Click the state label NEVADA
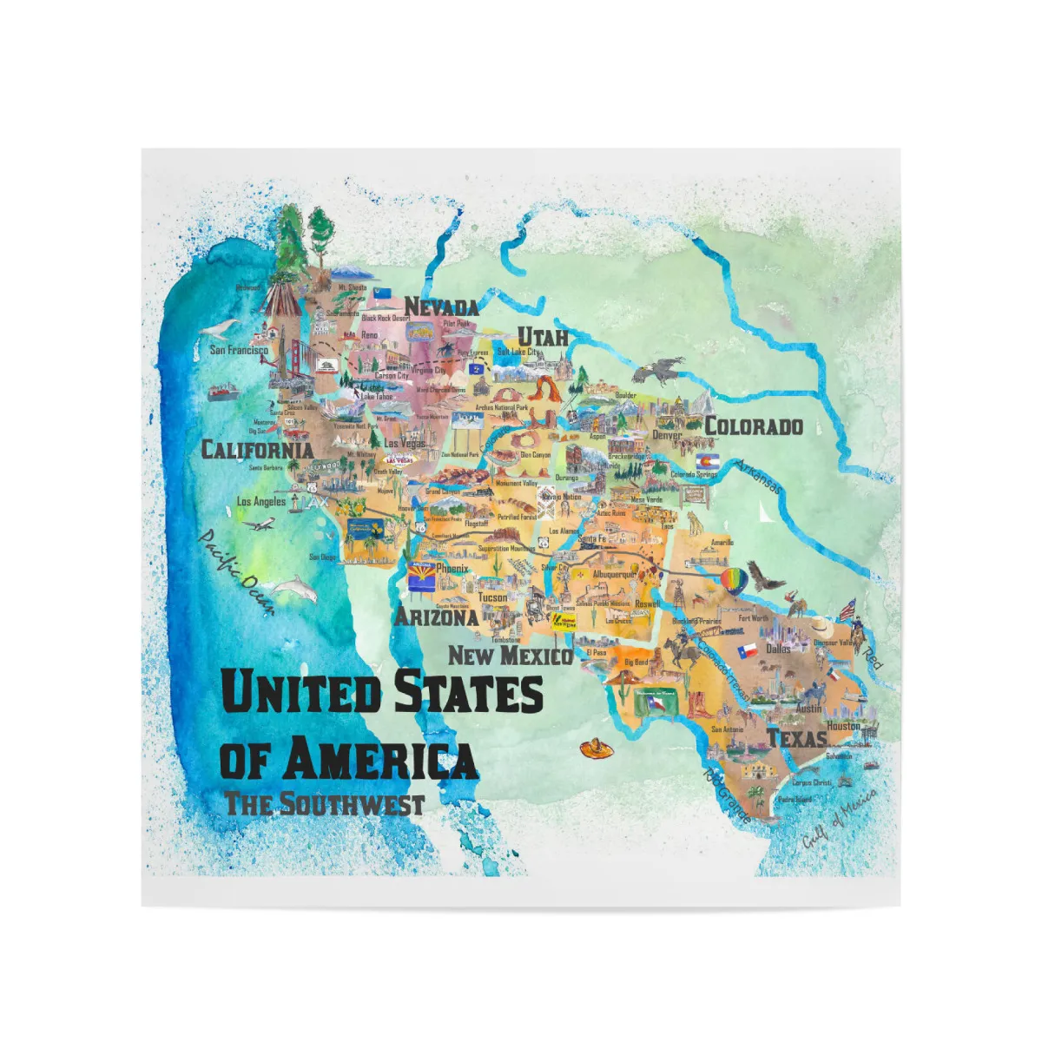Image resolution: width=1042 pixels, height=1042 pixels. [x=441, y=307]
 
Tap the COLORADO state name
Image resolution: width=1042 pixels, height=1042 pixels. [x=753, y=425]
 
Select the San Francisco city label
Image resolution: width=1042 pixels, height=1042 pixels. [x=239, y=350]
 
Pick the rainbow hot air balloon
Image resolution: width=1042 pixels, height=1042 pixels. [x=733, y=580]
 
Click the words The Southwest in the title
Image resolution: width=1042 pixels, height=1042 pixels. [x=324, y=803]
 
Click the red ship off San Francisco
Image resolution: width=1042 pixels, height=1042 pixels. [x=222, y=390]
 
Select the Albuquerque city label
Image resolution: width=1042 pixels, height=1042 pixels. [x=614, y=574]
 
